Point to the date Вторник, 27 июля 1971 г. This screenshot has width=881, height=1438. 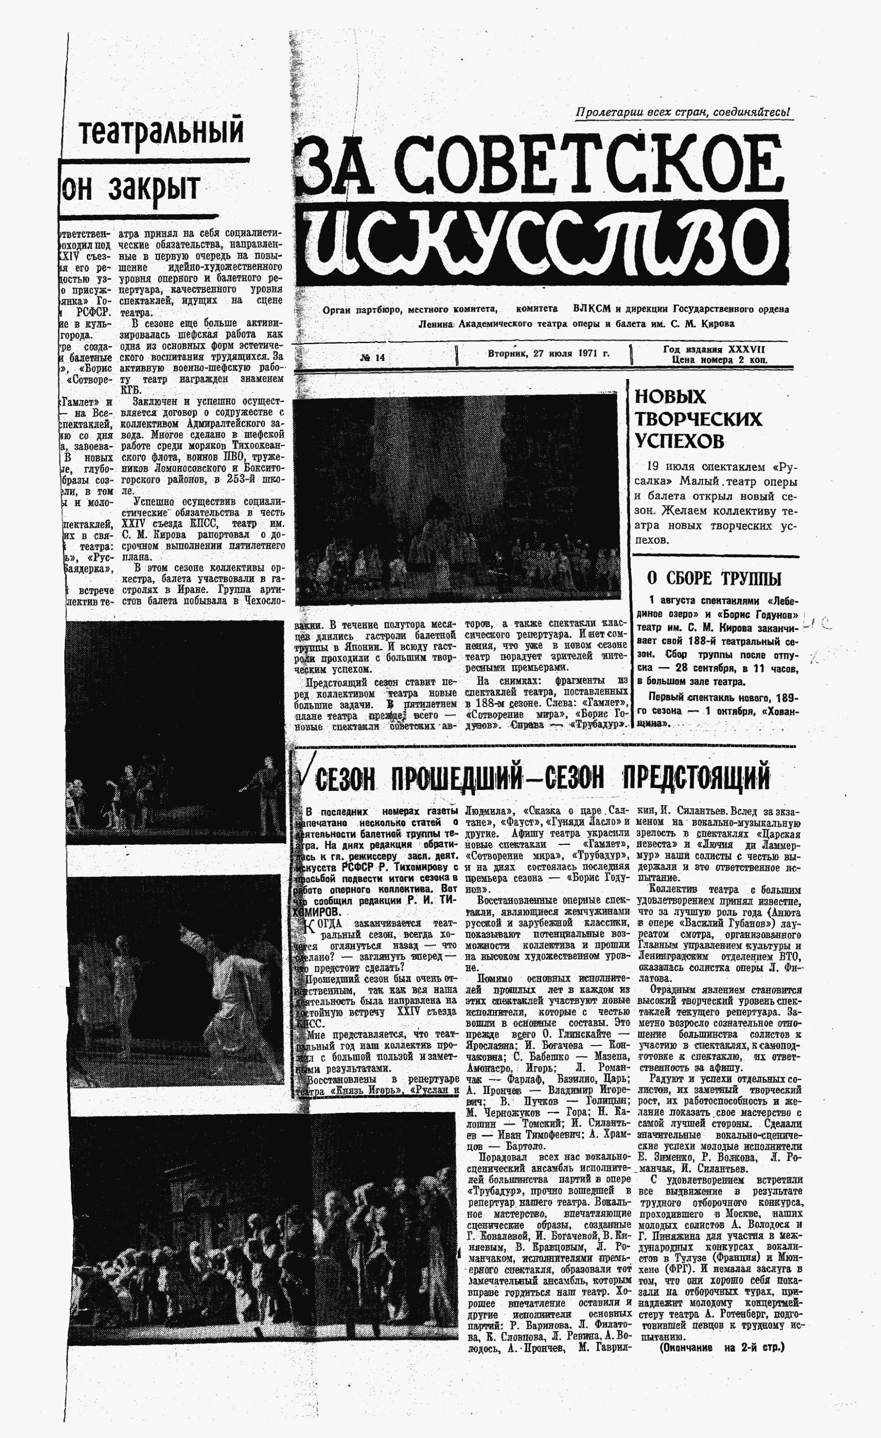[x=548, y=353]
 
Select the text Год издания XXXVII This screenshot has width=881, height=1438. [x=714, y=349]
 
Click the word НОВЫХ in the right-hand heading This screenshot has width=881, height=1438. [x=670, y=397]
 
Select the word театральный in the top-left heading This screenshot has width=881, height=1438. [x=161, y=131]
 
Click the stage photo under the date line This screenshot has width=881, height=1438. [x=455, y=500]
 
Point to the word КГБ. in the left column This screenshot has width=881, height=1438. [x=128, y=390]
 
